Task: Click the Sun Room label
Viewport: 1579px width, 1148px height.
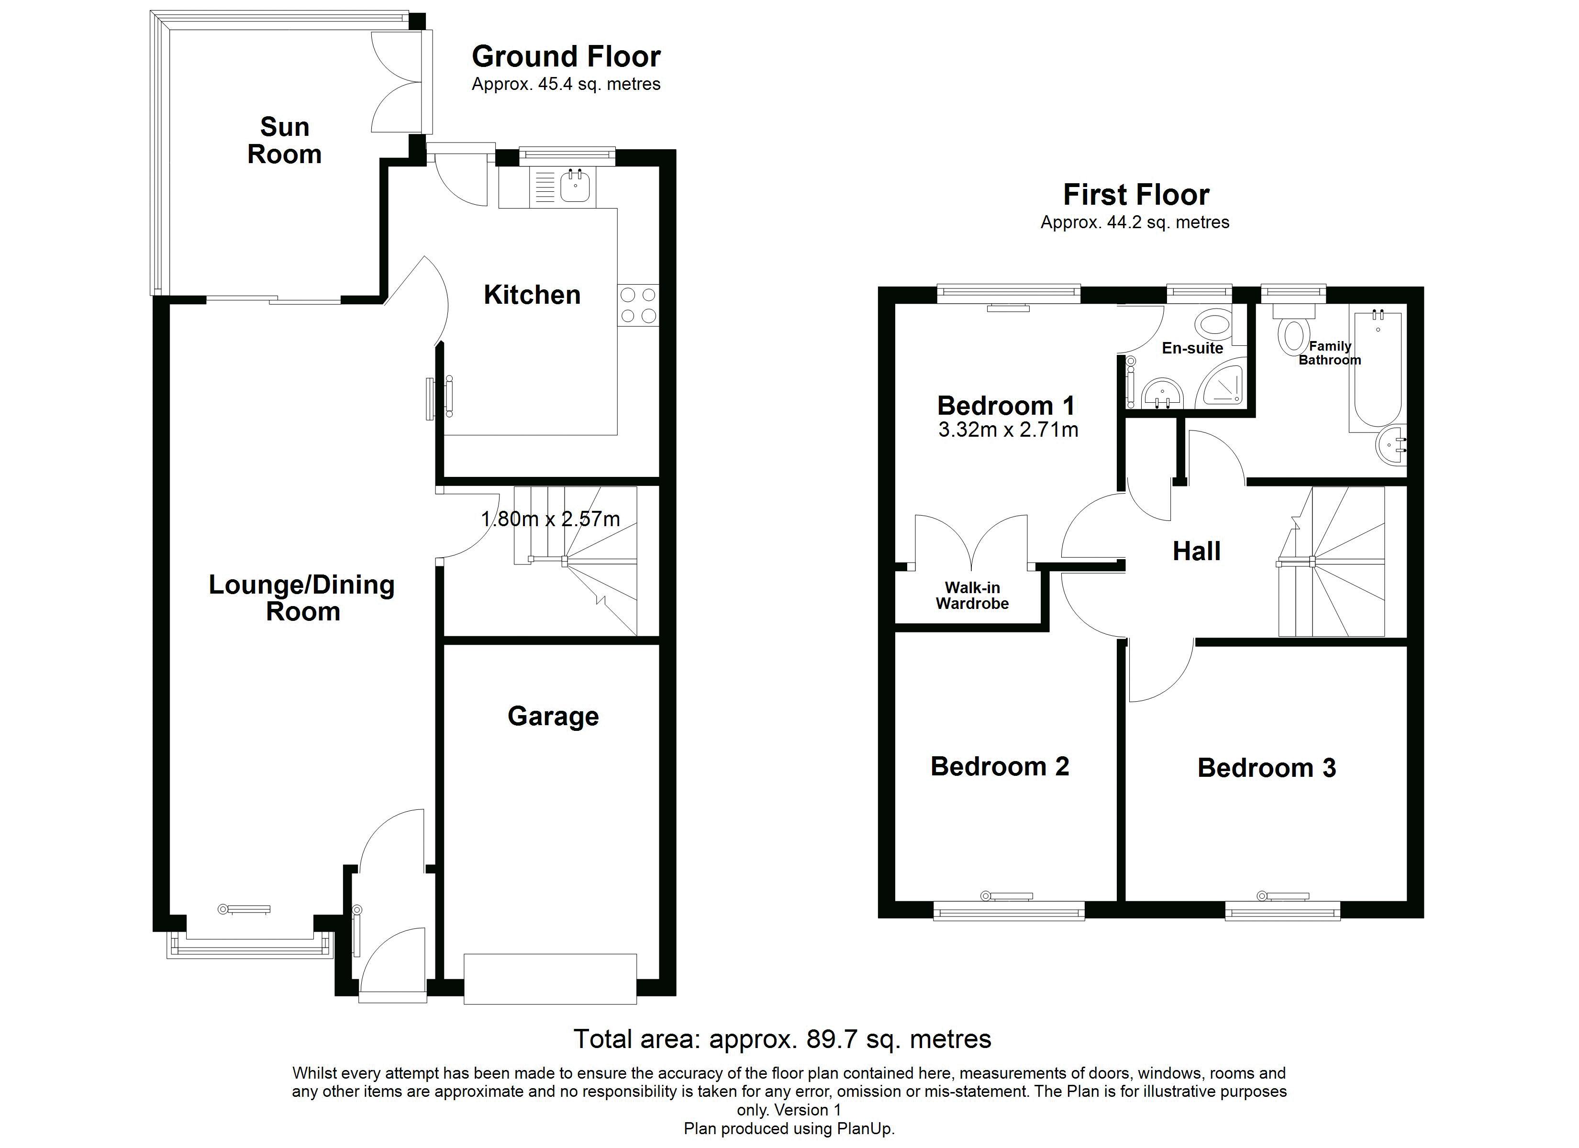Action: tap(285, 141)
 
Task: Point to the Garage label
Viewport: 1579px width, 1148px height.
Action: tap(554, 717)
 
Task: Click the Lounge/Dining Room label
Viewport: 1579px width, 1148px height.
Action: tap(302, 598)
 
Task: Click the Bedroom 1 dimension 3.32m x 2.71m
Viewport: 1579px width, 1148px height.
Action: tap(1008, 430)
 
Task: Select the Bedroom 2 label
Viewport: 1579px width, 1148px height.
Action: tap(1000, 766)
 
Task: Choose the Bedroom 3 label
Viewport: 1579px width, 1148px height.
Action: tap(1267, 768)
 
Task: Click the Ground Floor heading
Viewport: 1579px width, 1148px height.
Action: tap(566, 56)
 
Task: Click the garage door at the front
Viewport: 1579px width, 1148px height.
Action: tap(550, 979)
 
